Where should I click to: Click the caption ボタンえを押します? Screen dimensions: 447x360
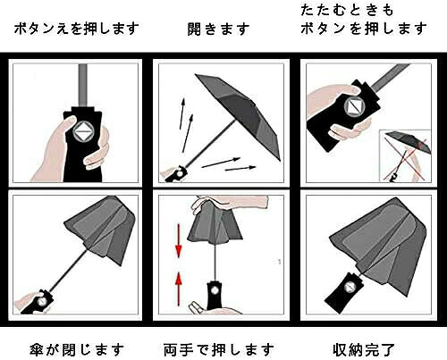(x=77, y=29)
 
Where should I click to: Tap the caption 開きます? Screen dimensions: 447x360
(x=219, y=29)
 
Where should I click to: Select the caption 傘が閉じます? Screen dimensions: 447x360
(x=77, y=349)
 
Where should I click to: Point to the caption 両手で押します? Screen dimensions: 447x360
(x=219, y=349)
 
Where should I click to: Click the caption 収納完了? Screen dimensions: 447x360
(x=364, y=349)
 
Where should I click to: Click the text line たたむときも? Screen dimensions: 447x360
(x=347, y=10)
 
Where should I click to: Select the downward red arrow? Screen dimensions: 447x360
(x=179, y=240)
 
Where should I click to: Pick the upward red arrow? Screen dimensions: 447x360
(x=179, y=289)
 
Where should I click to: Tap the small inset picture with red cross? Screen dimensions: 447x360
(x=405, y=155)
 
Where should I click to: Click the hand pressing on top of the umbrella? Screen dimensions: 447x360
(x=230, y=204)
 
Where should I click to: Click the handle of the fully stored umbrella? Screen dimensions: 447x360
(x=345, y=292)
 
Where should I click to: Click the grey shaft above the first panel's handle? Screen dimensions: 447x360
(x=82, y=86)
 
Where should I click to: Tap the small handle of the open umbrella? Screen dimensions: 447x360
(x=176, y=174)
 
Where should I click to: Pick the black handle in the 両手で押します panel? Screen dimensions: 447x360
(x=215, y=296)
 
